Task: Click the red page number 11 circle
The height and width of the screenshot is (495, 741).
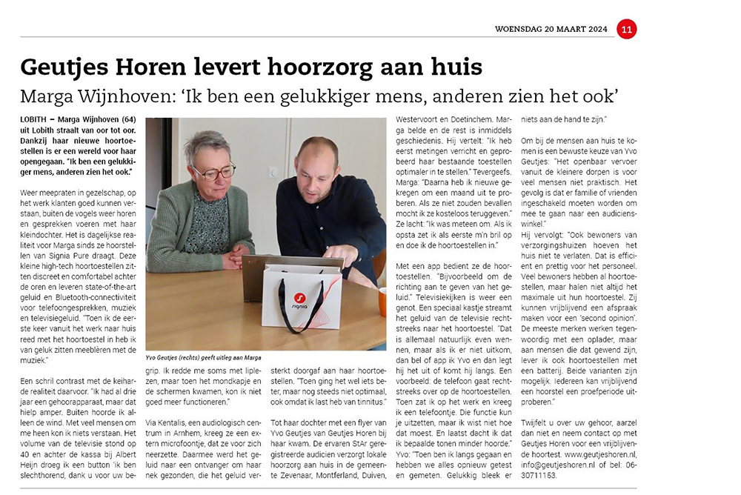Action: coord(626,29)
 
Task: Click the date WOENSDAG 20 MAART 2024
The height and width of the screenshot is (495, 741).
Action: coord(551,30)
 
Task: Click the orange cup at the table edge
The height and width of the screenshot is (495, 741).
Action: coord(382,299)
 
